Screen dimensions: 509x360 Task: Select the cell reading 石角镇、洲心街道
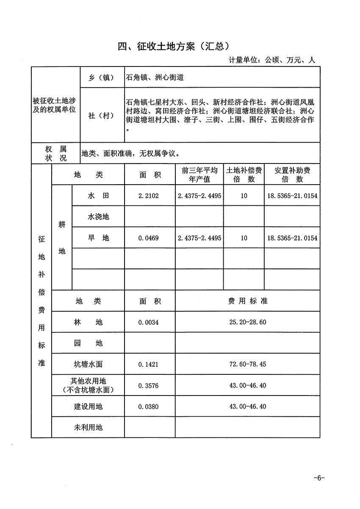pos(155,78)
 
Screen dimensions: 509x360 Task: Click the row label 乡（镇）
pos(102,78)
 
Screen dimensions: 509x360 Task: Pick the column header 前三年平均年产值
pos(199,175)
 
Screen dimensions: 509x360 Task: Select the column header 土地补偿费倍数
pos(244,175)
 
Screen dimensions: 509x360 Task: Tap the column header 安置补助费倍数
pos(292,175)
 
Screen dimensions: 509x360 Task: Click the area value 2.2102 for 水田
pos(149,196)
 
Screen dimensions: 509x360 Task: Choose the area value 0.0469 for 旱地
pos(149,238)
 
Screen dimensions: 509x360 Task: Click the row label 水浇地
pos(98,217)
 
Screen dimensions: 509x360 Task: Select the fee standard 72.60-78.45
pos(248,364)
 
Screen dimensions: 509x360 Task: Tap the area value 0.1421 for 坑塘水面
pos(149,364)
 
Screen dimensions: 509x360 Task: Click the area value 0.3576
pos(149,385)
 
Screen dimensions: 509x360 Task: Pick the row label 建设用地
pos(88,407)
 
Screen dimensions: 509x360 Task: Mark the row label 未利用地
pos(88,428)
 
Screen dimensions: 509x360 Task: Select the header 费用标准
pos(248,302)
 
